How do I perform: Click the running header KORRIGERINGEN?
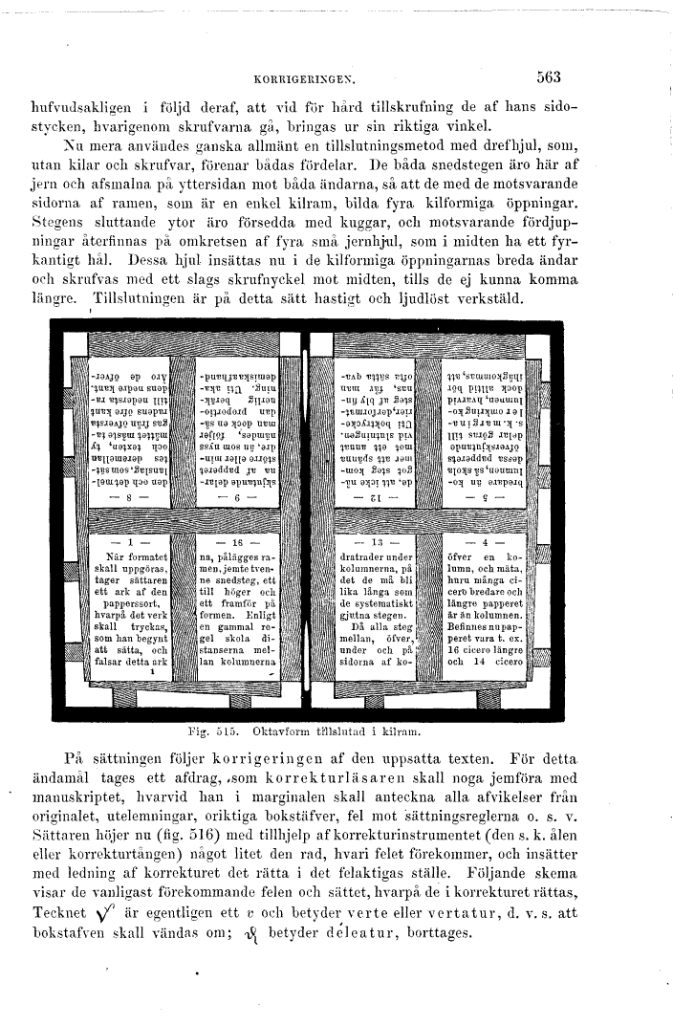299,81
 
